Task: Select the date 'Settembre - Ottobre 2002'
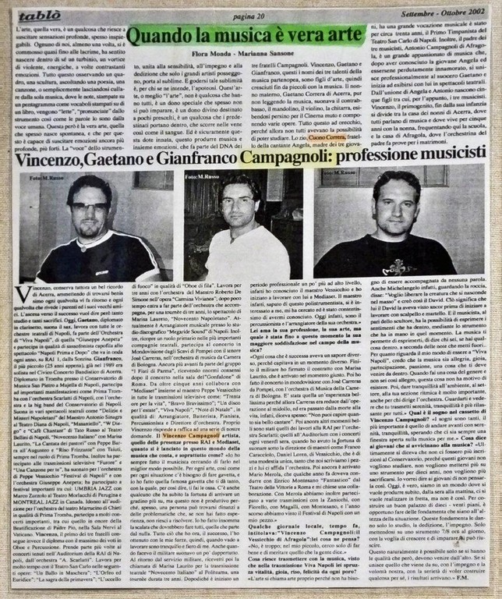446,15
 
